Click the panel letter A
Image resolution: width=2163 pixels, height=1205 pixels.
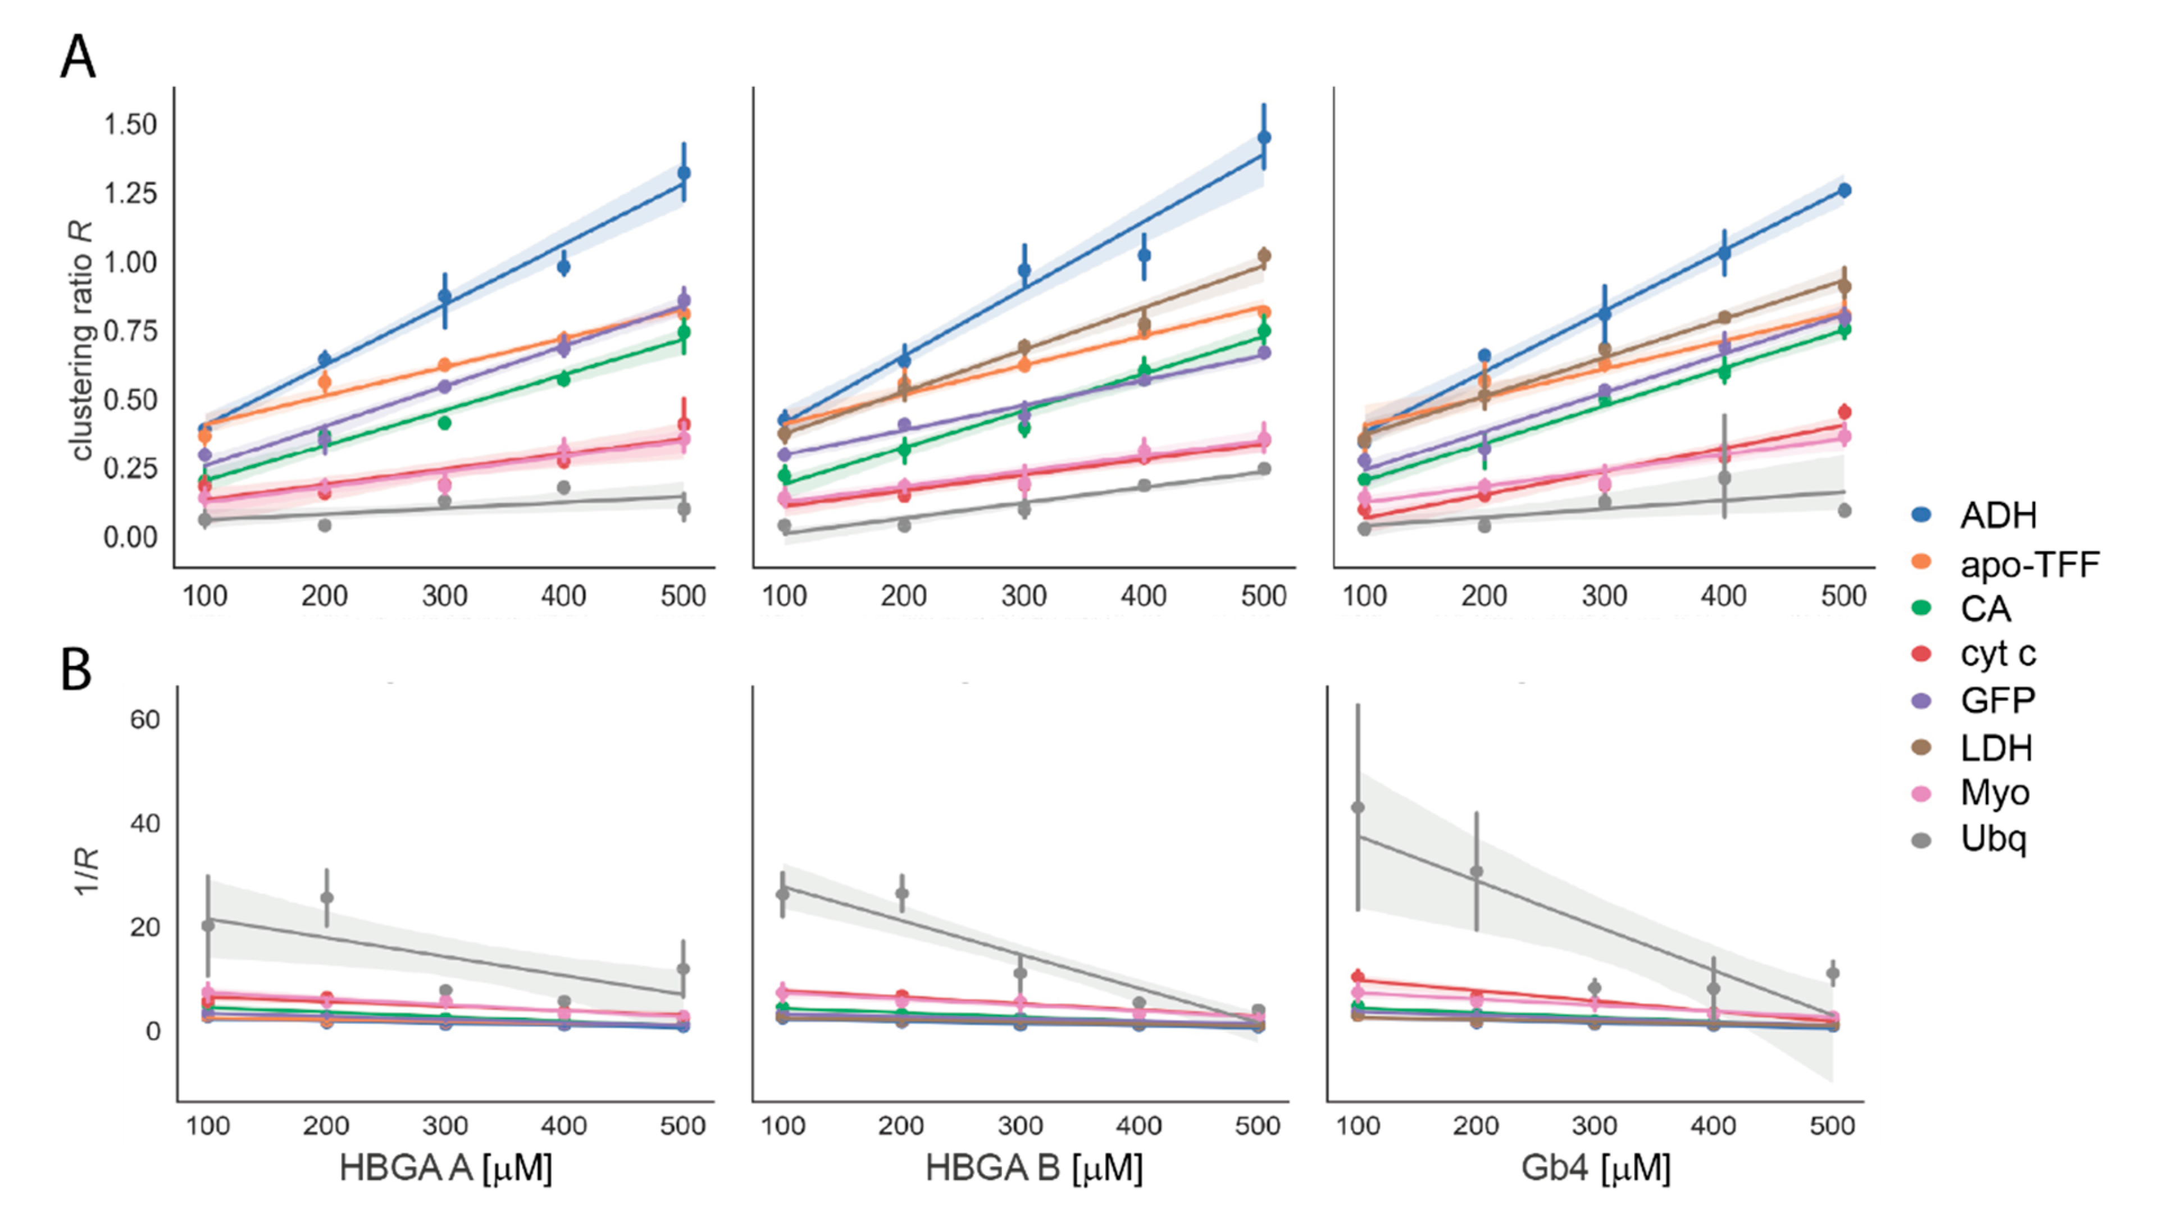pyautogui.click(x=78, y=58)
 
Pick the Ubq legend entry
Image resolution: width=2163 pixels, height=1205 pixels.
pyautogui.click(x=1993, y=838)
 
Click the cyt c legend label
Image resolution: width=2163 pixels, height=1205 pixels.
pyautogui.click(x=1997, y=653)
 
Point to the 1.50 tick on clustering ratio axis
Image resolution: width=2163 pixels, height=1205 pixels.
pyautogui.click(x=130, y=124)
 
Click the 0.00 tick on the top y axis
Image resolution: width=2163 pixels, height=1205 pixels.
pyautogui.click(x=130, y=537)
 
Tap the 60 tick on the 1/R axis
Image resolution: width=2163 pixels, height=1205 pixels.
pyautogui.click(x=144, y=720)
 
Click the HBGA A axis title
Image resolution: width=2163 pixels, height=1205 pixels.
pyautogui.click(x=446, y=1168)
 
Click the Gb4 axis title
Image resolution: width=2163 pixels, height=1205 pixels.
pyautogui.click(x=1595, y=1168)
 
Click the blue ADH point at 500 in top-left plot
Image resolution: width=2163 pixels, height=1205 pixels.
pyautogui.click(x=684, y=173)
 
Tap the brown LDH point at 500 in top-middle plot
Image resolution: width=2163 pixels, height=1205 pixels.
pyautogui.click(x=1264, y=256)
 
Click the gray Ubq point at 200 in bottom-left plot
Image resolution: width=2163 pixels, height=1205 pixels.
pyautogui.click(x=327, y=898)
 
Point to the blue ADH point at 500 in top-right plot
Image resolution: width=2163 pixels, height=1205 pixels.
pyautogui.click(x=1844, y=190)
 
